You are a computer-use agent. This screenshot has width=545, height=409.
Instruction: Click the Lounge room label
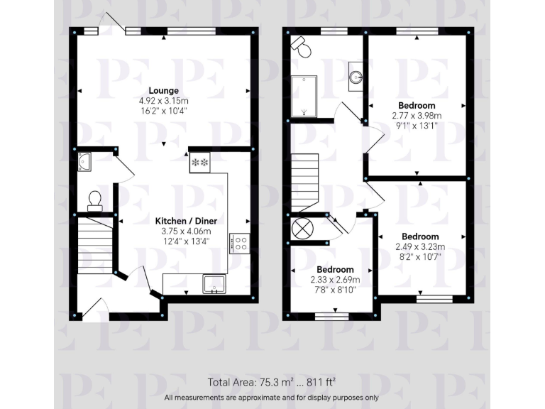pyautogui.click(x=163, y=90)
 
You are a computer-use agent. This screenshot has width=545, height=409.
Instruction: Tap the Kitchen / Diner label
pyautogui.click(x=186, y=221)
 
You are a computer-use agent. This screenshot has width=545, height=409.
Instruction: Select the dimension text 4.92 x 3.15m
pyautogui.click(x=163, y=100)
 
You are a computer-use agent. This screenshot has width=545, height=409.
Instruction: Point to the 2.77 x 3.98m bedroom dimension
pyautogui.click(x=416, y=115)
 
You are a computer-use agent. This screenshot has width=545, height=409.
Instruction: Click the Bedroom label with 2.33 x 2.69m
pyautogui.click(x=335, y=270)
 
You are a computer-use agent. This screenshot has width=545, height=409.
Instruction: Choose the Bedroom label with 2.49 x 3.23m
pyautogui.click(x=420, y=236)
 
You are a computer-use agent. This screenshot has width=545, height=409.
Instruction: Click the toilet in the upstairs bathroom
pyautogui.click(x=303, y=48)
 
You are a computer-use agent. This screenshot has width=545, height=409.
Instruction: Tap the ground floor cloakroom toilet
pyautogui.click(x=94, y=201)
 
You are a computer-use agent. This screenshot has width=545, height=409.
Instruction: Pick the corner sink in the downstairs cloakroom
pyautogui.click(x=84, y=162)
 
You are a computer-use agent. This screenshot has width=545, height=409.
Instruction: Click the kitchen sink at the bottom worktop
pyautogui.click(x=214, y=285)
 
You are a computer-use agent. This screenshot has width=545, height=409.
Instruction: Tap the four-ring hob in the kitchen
pyautogui.click(x=239, y=243)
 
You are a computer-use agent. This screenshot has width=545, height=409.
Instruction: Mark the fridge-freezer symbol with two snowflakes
pyautogui.click(x=199, y=163)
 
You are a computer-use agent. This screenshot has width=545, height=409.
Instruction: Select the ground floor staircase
pyautogui.click(x=95, y=245)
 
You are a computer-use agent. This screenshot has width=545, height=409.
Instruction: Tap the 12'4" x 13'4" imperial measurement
pyautogui.click(x=186, y=240)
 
